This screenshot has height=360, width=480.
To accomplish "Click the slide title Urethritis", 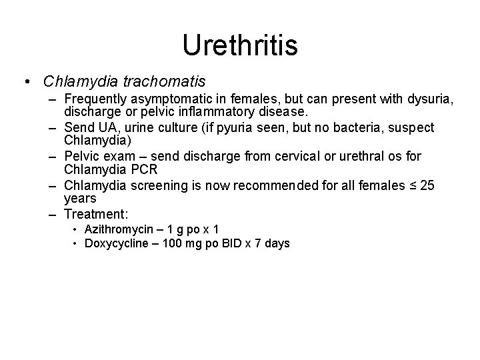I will (x=240, y=45).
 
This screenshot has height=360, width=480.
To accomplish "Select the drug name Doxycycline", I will (x=119, y=243).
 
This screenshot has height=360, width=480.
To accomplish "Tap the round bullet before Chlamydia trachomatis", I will (x=25, y=82).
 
